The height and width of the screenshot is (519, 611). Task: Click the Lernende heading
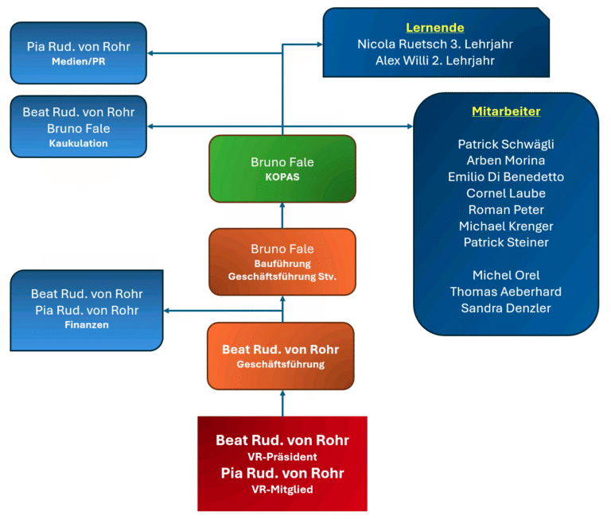435,27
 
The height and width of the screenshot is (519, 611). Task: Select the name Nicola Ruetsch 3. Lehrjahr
435,44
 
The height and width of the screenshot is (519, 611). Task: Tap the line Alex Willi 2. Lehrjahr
435,60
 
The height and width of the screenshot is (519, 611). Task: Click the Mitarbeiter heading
506,111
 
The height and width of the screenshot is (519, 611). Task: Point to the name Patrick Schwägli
506,144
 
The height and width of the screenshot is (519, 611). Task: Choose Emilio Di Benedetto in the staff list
506,176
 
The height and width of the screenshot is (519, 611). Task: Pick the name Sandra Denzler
506,308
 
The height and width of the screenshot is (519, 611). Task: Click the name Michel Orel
506,275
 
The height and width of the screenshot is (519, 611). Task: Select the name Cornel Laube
506,193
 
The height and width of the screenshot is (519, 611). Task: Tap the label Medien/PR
79,62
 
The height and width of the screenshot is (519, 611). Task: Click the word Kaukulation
79,144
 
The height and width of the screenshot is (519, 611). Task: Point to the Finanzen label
88,325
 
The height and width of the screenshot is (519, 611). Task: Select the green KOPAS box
282,168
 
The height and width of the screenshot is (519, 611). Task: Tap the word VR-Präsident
282,457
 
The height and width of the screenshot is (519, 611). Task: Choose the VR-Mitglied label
282,490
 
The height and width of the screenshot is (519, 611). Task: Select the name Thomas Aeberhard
506,292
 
